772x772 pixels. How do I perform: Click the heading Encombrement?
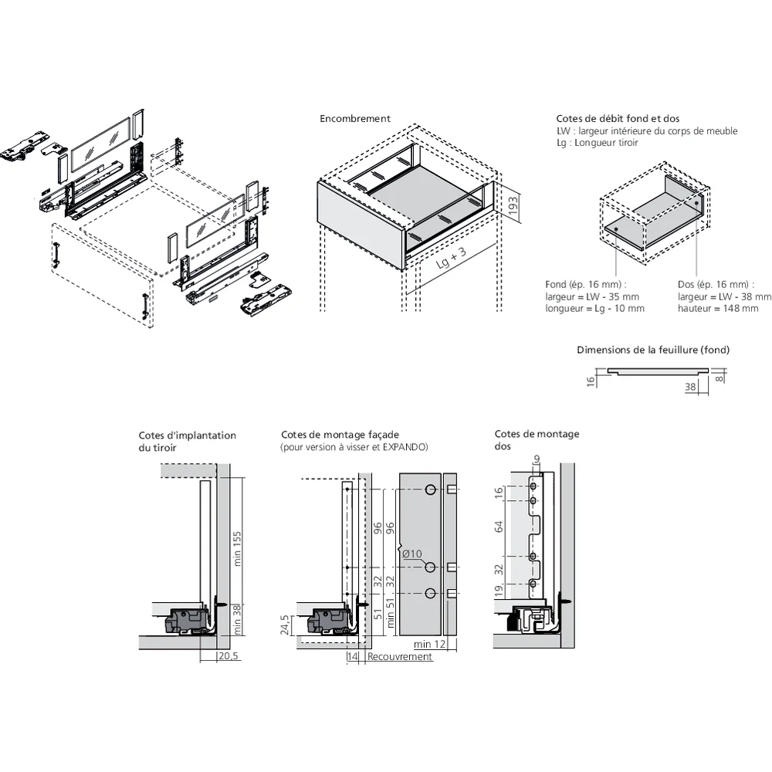click(355, 119)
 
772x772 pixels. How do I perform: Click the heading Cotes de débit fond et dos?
click(618, 119)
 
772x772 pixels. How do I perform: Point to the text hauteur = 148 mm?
click(718, 309)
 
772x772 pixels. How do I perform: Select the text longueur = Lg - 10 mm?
click(594, 309)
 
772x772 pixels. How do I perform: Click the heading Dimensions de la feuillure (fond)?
click(653, 350)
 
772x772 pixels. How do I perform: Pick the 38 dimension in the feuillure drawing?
click(690, 388)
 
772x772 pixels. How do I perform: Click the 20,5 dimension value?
click(228, 656)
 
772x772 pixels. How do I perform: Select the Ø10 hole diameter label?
click(411, 554)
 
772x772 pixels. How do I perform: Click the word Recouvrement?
click(400, 656)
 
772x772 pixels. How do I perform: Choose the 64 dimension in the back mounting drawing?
click(499, 527)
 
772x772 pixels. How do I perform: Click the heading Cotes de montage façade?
click(340, 435)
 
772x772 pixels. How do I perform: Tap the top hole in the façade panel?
click(430, 490)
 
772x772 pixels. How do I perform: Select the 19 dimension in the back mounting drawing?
click(499, 591)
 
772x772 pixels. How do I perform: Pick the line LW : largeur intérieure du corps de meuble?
click(647, 131)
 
